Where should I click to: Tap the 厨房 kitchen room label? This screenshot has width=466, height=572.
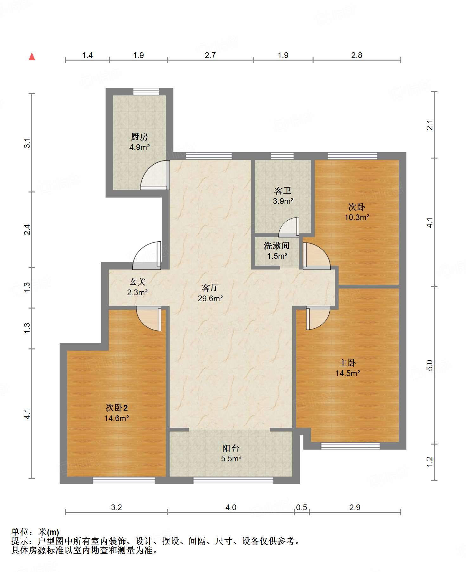[x=139, y=137]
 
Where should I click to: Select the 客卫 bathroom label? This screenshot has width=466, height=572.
[x=283, y=191]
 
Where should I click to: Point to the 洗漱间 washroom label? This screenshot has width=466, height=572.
[x=277, y=245]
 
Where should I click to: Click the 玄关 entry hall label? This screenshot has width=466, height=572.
[x=137, y=282]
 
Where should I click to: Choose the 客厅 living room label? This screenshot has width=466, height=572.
[x=210, y=288]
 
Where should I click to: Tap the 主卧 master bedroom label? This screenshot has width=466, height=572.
[x=347, y=363]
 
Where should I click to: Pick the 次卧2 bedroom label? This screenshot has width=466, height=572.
[x=117, y=408]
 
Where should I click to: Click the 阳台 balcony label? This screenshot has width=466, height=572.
[x=231, y=448]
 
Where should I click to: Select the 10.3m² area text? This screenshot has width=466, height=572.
[x=357, y=217]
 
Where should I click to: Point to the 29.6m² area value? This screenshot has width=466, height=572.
[x=210, y=298]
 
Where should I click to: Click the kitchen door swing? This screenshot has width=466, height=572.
[x=155, y=175]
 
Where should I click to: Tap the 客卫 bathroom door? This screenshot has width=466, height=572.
[x=289, y=227]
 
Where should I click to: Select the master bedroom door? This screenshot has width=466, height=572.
[x=318, y=318]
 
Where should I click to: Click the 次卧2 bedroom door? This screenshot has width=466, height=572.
[x=149, y=319]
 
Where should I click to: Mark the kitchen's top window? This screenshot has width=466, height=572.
[x=146, y=92]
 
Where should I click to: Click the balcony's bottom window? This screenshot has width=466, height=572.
[x=233, y=480]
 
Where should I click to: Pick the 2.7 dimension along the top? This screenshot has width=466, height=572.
[x=210, y=55]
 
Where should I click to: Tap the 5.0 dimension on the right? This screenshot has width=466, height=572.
[x=430, y=365]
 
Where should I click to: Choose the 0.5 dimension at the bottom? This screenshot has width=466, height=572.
[x=301, y=507]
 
